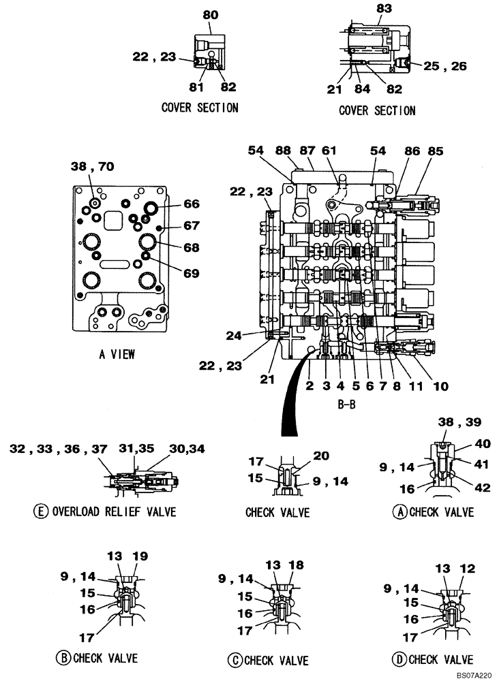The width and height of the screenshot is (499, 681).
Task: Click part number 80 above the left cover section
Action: pos(210,14)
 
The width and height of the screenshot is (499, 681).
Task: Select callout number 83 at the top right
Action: pos(384,9)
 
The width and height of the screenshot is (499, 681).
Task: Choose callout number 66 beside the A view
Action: pos(191,204)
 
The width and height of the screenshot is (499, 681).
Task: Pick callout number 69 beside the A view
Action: pos(191,273)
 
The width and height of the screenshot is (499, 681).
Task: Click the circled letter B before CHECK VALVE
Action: pos(63,658)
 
